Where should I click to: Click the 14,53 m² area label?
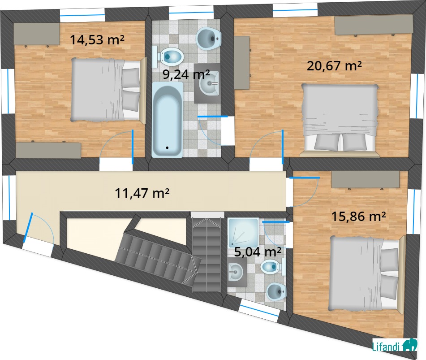coord(97,40)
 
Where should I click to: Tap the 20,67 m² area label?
coord(334,66)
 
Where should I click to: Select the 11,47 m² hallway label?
coord(142,193)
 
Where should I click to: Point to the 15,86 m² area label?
coord(359,217)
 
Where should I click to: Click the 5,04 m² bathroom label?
coord(258,252)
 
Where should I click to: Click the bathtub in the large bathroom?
coord(168,120)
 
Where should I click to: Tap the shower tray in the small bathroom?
coord(243,233)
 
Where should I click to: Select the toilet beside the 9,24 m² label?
coord(168,57)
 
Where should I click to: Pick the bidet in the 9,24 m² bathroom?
coord(209,39)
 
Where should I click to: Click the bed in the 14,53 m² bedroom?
coord(109,90)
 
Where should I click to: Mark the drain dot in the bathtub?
coord(167,148)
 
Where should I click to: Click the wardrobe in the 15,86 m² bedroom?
coord(366,179)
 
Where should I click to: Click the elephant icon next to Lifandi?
coord(409,345)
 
